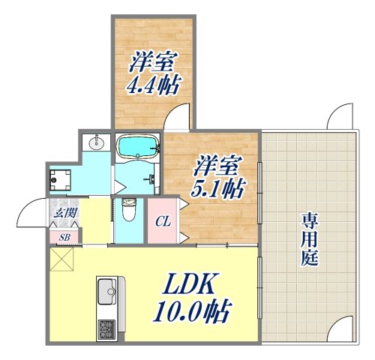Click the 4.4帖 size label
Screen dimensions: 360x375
point(153,85)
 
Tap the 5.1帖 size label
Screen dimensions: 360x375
point(221,187)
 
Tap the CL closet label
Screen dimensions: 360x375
point(161,221)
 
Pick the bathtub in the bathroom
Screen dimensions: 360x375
point(136,145)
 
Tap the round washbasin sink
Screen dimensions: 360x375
point(96,142)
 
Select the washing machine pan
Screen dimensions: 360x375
point(60,178)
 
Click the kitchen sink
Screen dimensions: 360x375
point(106,289)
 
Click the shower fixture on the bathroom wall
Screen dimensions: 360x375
point(152,179)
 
